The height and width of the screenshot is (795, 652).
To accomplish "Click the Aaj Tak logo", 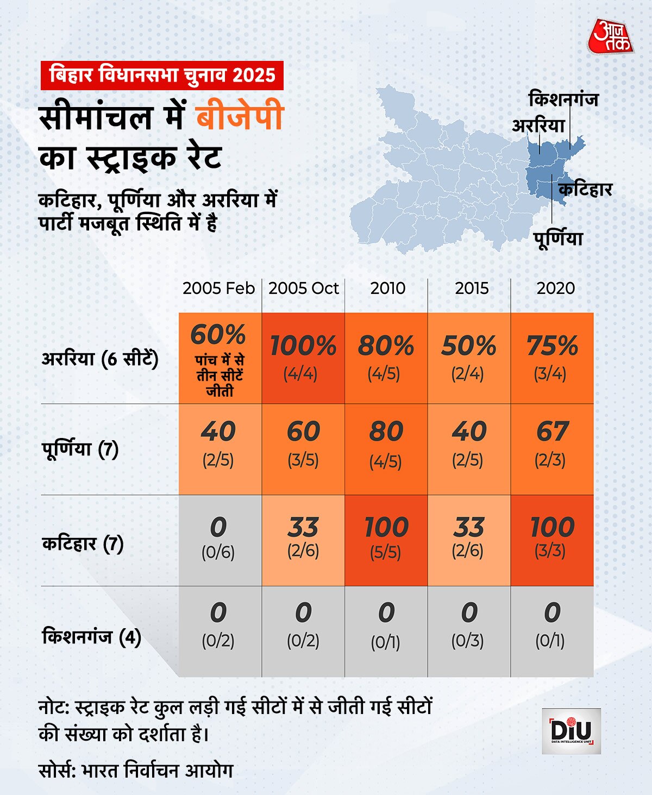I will click(x=610, y=37).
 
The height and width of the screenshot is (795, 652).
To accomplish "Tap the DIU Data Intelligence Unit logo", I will click(x=571, y=731).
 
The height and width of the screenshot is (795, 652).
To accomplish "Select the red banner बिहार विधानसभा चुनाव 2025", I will click(x=162, y=76).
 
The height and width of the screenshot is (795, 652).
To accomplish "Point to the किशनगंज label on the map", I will click(x=563, y=99).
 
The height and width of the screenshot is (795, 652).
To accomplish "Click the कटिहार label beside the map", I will click(x=585, y=190).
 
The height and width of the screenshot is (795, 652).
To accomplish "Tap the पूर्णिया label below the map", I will click(x=557, y=238).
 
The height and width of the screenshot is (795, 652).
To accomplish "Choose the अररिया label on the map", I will click(x=538, y=126).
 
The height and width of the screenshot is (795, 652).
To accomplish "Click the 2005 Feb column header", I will click(x=218, y=288).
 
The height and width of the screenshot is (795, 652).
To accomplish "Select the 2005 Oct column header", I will click(x=303, y=288).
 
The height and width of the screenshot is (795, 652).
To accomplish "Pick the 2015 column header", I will click(x=471, y=288).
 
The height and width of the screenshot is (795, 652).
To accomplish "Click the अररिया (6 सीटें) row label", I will click(x=100, y=359).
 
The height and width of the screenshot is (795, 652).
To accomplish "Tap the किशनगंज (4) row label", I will click(x=91, y=636).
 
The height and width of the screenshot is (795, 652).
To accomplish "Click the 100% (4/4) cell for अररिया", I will click(x=303, y=358).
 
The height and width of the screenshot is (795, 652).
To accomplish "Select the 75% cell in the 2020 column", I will click(x=551, y=358).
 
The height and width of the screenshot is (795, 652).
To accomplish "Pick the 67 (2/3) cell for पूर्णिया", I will click(x=551, y=449).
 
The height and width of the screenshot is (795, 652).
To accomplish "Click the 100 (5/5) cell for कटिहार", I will click(x=386, y=540).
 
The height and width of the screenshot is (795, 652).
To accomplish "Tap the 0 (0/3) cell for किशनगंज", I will click(x=468, y=631).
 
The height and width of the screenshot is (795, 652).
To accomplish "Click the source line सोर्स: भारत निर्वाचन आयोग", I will click(x=136, y=771).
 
